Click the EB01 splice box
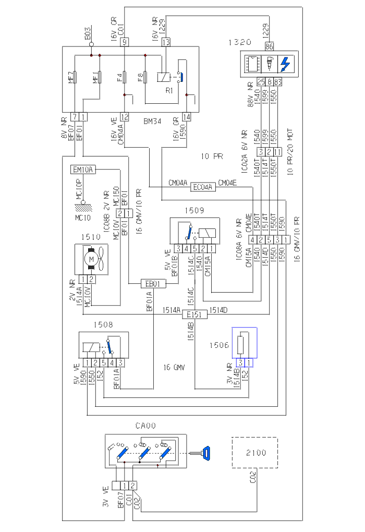pos(153,284)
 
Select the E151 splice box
pos(195,314)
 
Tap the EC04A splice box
pos(203,187)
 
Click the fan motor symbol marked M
pos(91,259)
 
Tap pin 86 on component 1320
pos(270,46)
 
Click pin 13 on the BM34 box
pos(166,42)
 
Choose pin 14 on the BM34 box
pos(187,117)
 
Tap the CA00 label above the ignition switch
pos(144,426)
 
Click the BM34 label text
pos(152,121)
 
